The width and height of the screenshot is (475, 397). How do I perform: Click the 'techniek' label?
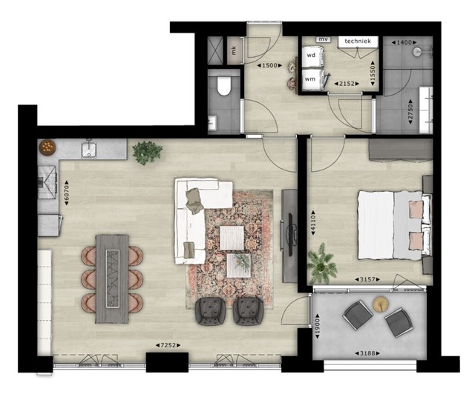coord(358,41)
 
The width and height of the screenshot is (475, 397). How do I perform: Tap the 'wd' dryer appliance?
coord(312,56)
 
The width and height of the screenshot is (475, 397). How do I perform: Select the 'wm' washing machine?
coord(312,80)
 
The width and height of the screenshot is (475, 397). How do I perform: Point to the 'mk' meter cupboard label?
coord(234,51)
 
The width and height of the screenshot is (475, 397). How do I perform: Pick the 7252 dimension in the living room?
coord(168,345)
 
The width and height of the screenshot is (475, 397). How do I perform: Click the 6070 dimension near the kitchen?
coord(67,193)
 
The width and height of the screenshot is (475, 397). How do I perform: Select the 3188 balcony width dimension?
coord(367,353)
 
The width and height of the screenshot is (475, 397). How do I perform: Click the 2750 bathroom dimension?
coord(410,112)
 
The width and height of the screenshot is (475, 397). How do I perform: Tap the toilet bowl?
coord(224,86)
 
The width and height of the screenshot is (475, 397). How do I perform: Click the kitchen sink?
coord(89,150)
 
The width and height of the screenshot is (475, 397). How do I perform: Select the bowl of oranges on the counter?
coord(47,147)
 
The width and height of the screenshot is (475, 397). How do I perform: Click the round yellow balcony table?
coord(381,304)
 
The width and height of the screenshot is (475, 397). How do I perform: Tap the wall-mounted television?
coord(289,235)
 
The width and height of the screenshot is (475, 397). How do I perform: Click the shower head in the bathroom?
coord(417,52)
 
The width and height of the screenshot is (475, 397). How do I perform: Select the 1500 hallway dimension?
coord(269,65)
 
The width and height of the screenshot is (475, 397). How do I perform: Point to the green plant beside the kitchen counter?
coord(148,153)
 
